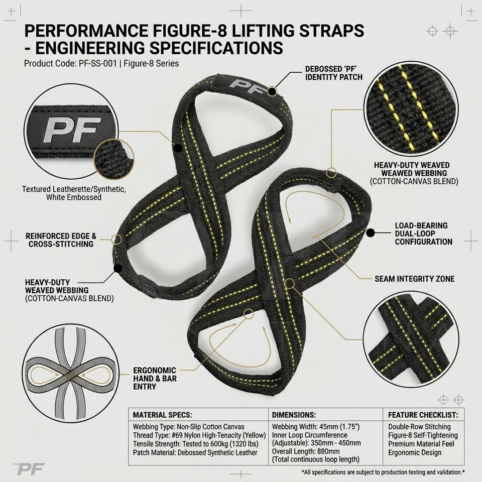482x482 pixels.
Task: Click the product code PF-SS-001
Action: point(98,64)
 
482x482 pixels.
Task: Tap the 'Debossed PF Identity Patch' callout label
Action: point(334,73)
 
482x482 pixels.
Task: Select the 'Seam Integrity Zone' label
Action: point(414,279)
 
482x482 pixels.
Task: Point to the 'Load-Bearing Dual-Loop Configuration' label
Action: point(424,233)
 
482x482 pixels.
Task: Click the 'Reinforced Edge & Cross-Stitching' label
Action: point(61,240)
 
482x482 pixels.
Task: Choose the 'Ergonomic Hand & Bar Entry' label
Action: point(155,379)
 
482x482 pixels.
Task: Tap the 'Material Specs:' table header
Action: point(162,415)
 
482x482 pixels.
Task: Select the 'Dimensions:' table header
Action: point(294,415)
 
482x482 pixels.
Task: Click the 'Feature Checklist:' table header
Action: point(423,415)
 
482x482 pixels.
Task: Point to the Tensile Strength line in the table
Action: point(195,444)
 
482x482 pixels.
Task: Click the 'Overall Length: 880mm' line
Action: point(306,451)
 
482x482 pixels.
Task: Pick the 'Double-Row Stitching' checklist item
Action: point(419,427)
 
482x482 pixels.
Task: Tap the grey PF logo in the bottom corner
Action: point(31,469)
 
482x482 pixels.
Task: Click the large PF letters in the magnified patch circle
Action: point(72,129)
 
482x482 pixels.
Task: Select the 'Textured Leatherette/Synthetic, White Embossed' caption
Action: point(74,193)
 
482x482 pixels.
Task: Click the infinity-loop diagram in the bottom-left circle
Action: point(71,374)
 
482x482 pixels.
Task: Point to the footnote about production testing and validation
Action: point(383,472)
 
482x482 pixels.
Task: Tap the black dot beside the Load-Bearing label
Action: point(371,232)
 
